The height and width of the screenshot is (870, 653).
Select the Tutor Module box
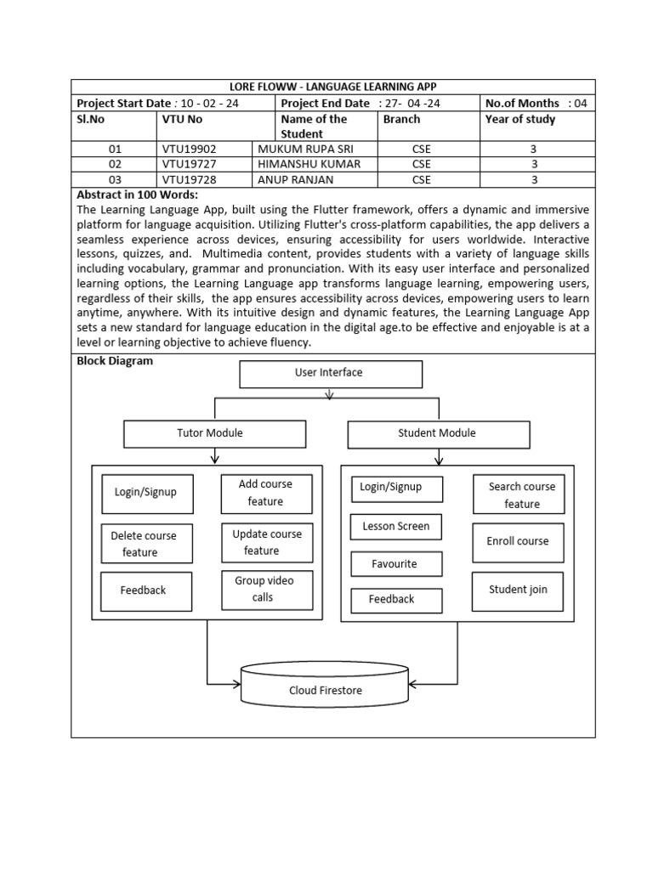click(209, 433)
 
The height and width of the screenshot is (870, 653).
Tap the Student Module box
click(438, 433)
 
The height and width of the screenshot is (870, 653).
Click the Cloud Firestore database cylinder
click(325, 687)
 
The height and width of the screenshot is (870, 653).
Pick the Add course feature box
click(266, 494)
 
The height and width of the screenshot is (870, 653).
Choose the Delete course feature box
click(146, 544)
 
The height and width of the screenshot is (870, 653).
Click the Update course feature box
click(267, 543)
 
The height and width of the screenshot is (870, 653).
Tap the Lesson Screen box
click(396, 527)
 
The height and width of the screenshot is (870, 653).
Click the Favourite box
click(396, 564)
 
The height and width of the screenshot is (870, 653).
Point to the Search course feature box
click(519, 495)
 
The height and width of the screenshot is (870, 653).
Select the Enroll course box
click(519, 542)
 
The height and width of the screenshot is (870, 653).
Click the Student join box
click(519, 590)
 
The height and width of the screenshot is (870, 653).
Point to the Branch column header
click(401, 120)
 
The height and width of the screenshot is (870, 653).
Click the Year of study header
click(520, 120)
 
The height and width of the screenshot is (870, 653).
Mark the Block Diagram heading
click(115, 361)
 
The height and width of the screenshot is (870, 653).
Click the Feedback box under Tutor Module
click(143, 590)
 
